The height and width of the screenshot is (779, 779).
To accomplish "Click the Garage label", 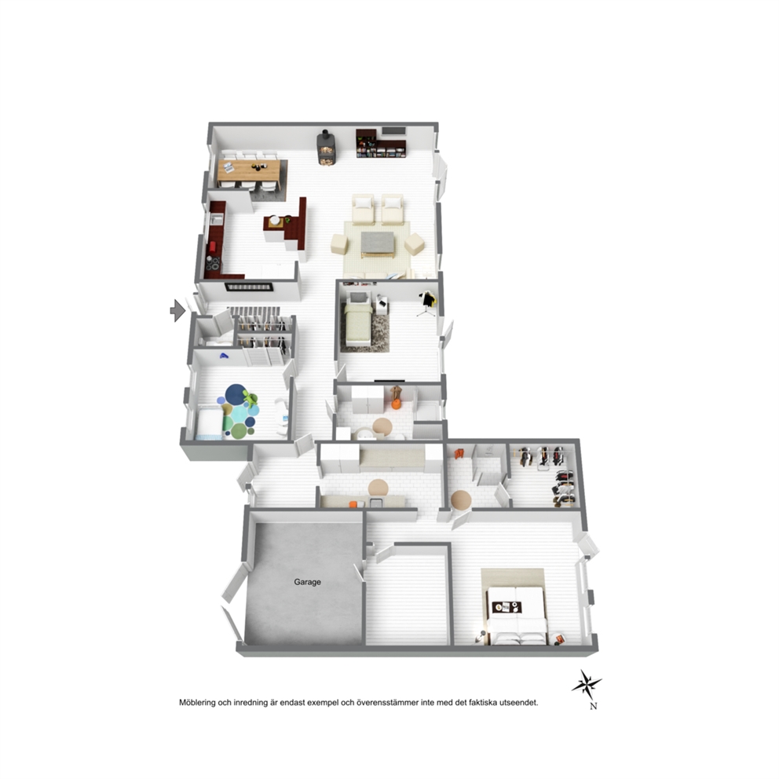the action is click(307, 582).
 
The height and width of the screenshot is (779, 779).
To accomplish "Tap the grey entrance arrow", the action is click(177, 311).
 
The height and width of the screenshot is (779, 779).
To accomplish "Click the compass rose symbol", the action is click(587, 685).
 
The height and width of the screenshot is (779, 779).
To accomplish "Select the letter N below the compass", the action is click(593, 707).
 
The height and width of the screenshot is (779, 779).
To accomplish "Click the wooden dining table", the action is click(249, 170).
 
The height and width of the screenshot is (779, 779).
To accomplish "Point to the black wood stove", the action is click(325, 147).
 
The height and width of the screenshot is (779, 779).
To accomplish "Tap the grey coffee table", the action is click(378, 243).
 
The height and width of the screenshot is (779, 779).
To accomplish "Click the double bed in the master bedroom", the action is click(517, 615).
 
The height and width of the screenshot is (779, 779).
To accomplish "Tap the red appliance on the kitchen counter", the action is click(212, 247).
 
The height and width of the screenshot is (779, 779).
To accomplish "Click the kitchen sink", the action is click(217, 218).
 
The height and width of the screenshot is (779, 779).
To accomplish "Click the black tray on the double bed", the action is click(507, 607).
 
